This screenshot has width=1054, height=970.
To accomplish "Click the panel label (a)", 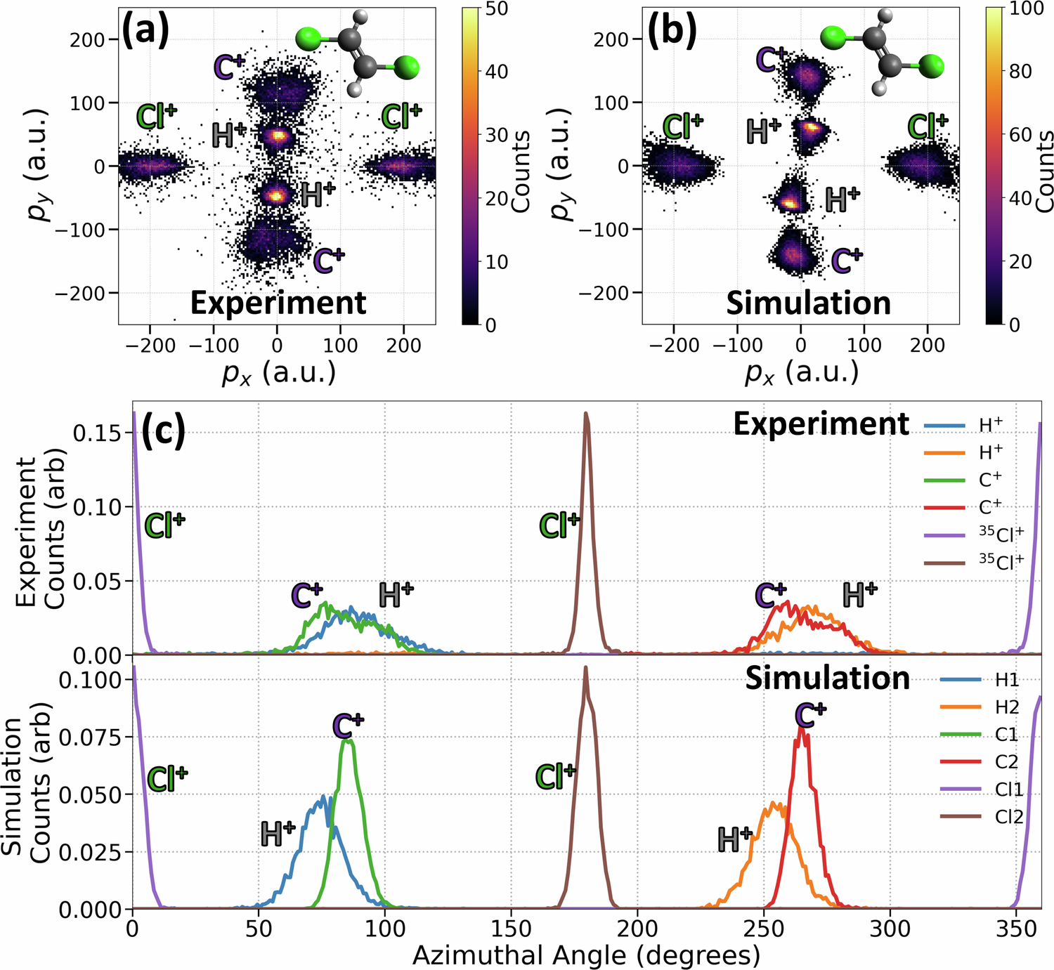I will [145, 32].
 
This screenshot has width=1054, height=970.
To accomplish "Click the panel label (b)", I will [672, 32].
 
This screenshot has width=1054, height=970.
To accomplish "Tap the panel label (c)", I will [163, 431].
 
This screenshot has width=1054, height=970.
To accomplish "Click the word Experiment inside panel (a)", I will [278, 303].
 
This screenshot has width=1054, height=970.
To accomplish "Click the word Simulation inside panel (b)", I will [808, 303].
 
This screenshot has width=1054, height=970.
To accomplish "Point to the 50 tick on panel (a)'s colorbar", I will [496, 9].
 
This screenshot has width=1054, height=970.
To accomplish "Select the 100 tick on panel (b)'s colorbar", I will [1027, 9].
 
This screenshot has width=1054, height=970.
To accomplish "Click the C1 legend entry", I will [1006, 735].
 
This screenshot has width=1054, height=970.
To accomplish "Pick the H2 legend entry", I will [1006, 707].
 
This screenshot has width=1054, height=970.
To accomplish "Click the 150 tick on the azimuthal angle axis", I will [511, 929].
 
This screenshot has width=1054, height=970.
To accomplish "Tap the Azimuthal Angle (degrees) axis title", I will [586, 955].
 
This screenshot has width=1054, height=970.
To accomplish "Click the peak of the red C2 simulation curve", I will [802, 728].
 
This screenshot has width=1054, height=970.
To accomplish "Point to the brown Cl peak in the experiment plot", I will [586, 414].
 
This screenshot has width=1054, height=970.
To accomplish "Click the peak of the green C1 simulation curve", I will [346, 740].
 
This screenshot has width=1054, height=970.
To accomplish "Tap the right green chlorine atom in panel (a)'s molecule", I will [406, 68].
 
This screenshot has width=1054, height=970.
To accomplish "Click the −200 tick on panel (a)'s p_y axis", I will [79, 293].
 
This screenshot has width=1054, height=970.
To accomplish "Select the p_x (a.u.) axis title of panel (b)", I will [802, 372].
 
